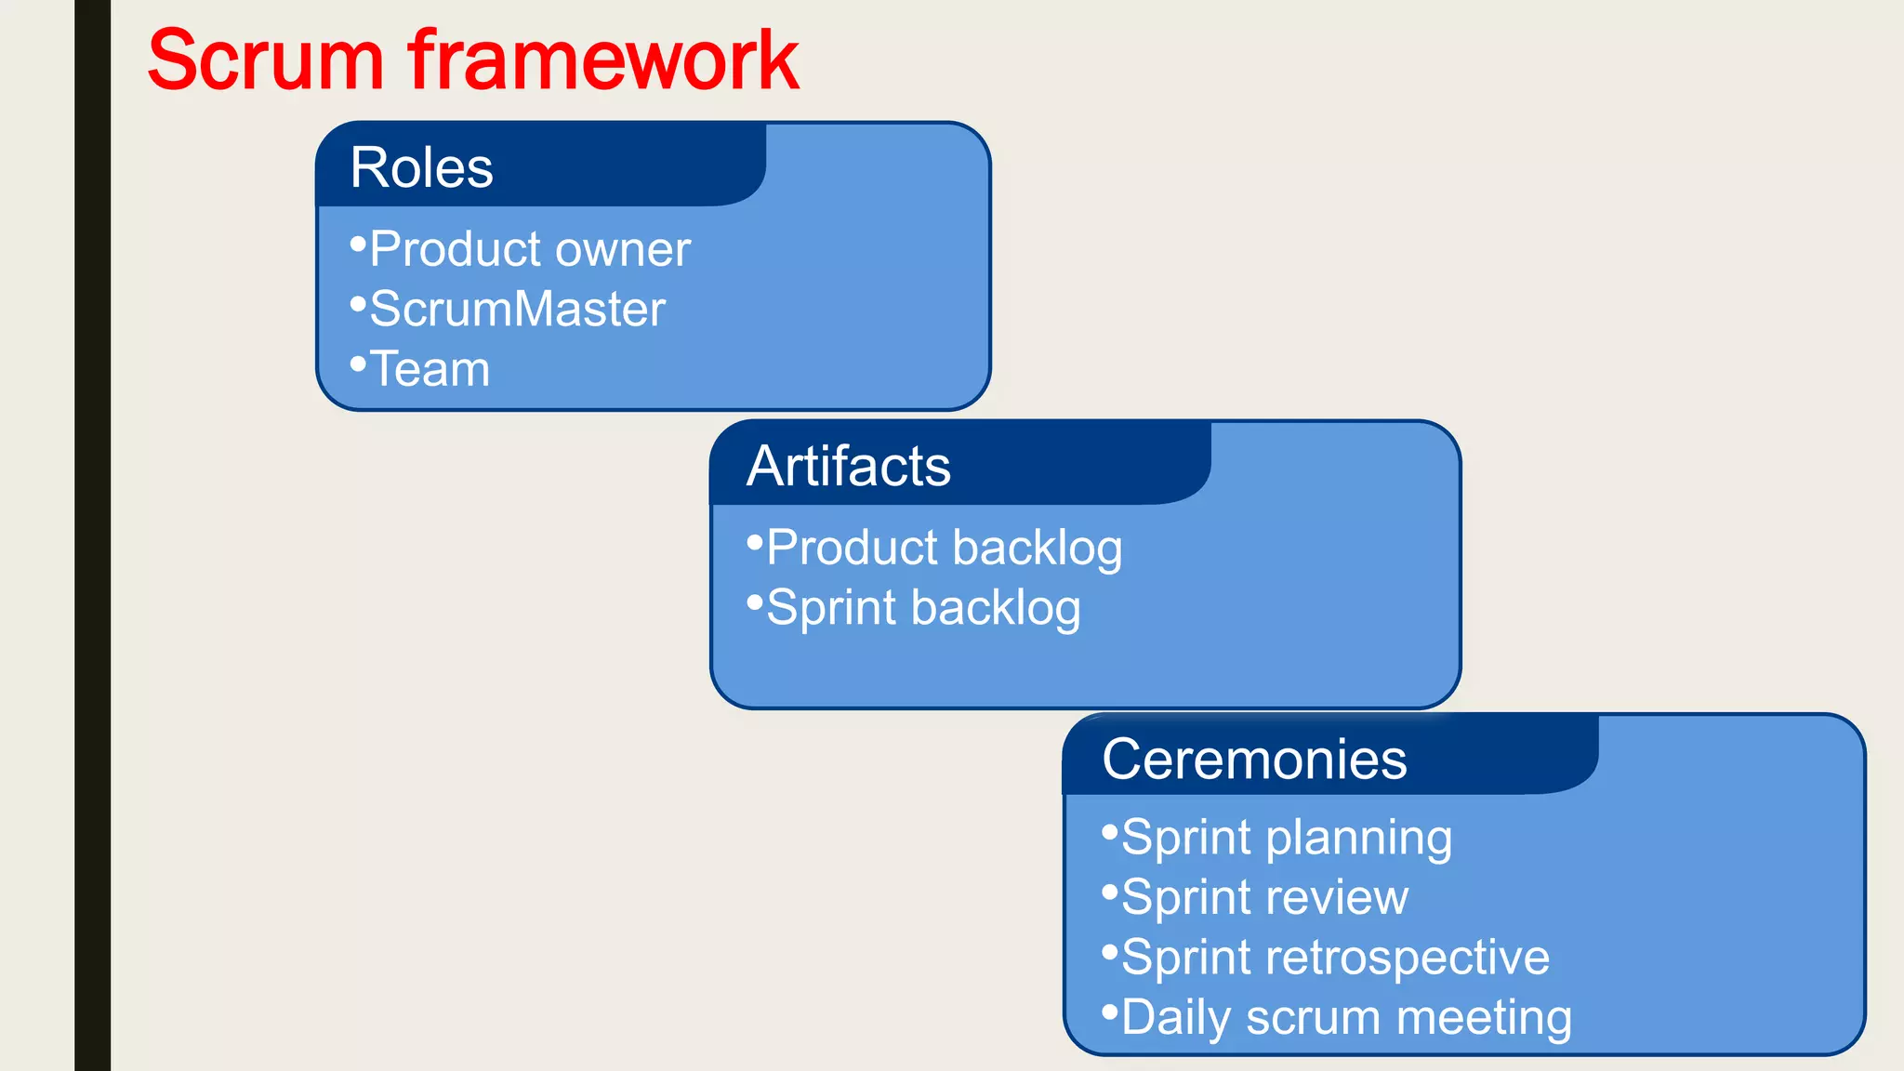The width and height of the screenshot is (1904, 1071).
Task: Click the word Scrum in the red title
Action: [x=265, y=61]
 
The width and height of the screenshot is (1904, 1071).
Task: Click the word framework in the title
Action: [x=603, y=61]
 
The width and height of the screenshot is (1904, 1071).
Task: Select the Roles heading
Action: [x=421, y=168]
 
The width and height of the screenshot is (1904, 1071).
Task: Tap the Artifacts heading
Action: [x=848, y=466]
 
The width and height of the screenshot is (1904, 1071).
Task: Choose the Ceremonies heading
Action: [x=1253, y=760]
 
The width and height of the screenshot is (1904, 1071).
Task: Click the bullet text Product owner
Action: [x=529, y=249]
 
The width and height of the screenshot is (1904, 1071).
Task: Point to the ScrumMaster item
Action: [x=517, y=310]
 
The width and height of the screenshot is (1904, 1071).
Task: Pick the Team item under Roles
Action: [x=430, y=369]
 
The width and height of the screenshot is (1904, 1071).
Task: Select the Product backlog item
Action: [x=944, y=548]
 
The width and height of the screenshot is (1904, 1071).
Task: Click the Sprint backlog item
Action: [x=923, y=608]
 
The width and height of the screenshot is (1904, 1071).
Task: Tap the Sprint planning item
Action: [x=1286, y=838]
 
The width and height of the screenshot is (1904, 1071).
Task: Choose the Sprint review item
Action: [x=1264, y=898]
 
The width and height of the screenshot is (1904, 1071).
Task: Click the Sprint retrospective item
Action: [x=1335, y=958]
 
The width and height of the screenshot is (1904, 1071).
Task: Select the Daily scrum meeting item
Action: [x=1346, y=1017]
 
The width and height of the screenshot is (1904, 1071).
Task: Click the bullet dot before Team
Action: [x=358, y=364]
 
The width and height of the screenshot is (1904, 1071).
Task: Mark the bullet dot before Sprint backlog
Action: [x=755, y=602]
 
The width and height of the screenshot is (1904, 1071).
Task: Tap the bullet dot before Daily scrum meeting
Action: [x=1109, y=1011]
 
